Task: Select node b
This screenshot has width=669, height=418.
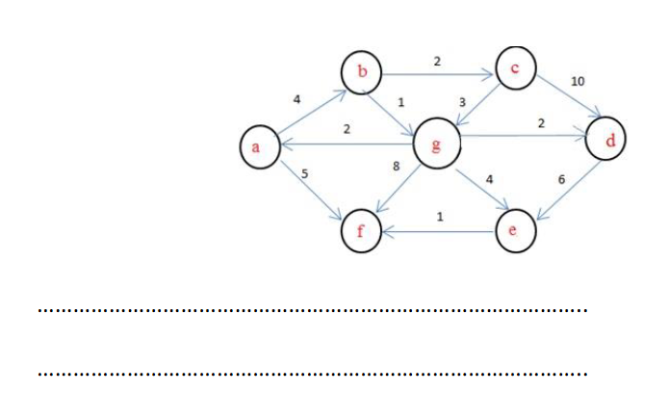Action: click(362, 71)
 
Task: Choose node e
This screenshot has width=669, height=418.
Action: click(512, 231)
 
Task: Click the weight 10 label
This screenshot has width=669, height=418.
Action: click(578, 82)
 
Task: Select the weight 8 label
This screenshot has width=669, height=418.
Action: click(396, 167)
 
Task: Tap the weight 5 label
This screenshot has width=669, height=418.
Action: click(304, 173)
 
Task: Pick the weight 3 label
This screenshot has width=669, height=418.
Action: click(462, 102)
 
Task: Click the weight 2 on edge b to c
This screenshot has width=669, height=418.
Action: click(437, 61)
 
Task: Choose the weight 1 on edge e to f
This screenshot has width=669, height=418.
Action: click(439, 217)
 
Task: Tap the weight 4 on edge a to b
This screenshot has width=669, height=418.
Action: click(297, 99)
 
